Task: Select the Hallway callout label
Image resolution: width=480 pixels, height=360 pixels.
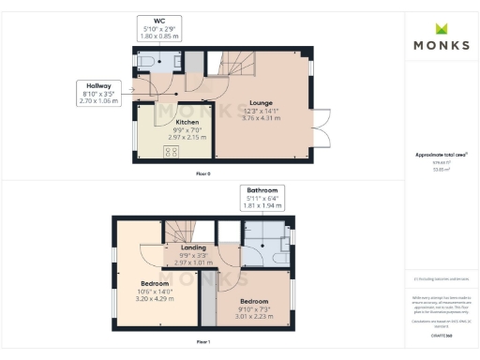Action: tap(95, 94)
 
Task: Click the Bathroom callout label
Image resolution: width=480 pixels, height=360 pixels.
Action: tap(262, 198)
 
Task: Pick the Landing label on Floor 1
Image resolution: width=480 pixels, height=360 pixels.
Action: tap(193, 247)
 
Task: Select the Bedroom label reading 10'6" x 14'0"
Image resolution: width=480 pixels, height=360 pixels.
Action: tap(155, 283)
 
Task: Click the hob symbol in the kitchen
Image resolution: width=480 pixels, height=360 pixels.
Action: tap(172, 152)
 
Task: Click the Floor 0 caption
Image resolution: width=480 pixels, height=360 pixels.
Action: tap(203, 174)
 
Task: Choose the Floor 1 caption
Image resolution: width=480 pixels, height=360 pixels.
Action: tap(203, 343)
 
